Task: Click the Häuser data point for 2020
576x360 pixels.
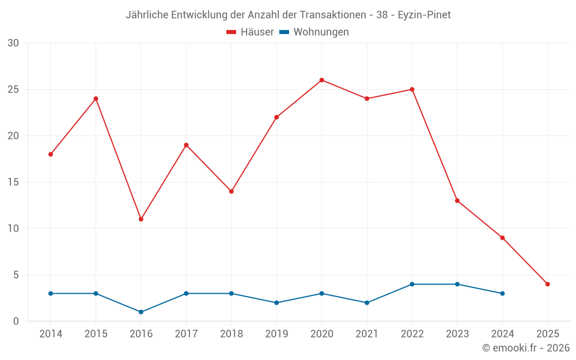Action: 321,80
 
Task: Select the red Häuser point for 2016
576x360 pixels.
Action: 141,219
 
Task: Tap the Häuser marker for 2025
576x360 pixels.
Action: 547,284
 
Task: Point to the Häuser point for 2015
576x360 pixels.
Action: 96,98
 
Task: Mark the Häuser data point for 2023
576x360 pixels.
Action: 457,200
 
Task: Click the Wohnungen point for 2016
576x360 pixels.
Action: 141,312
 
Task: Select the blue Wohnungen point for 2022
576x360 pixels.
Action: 412,284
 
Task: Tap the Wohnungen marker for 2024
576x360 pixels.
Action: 502,293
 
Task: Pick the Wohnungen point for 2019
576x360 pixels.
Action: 276,302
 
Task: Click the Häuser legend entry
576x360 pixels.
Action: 250,32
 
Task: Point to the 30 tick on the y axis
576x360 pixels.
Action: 13,43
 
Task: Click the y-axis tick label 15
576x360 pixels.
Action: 13,182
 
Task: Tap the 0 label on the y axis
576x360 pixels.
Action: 16,321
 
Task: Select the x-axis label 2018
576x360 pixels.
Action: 231,334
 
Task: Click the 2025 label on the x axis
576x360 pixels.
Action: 547,334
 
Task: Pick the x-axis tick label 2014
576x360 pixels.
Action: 51,334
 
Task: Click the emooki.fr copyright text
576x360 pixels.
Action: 526,348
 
